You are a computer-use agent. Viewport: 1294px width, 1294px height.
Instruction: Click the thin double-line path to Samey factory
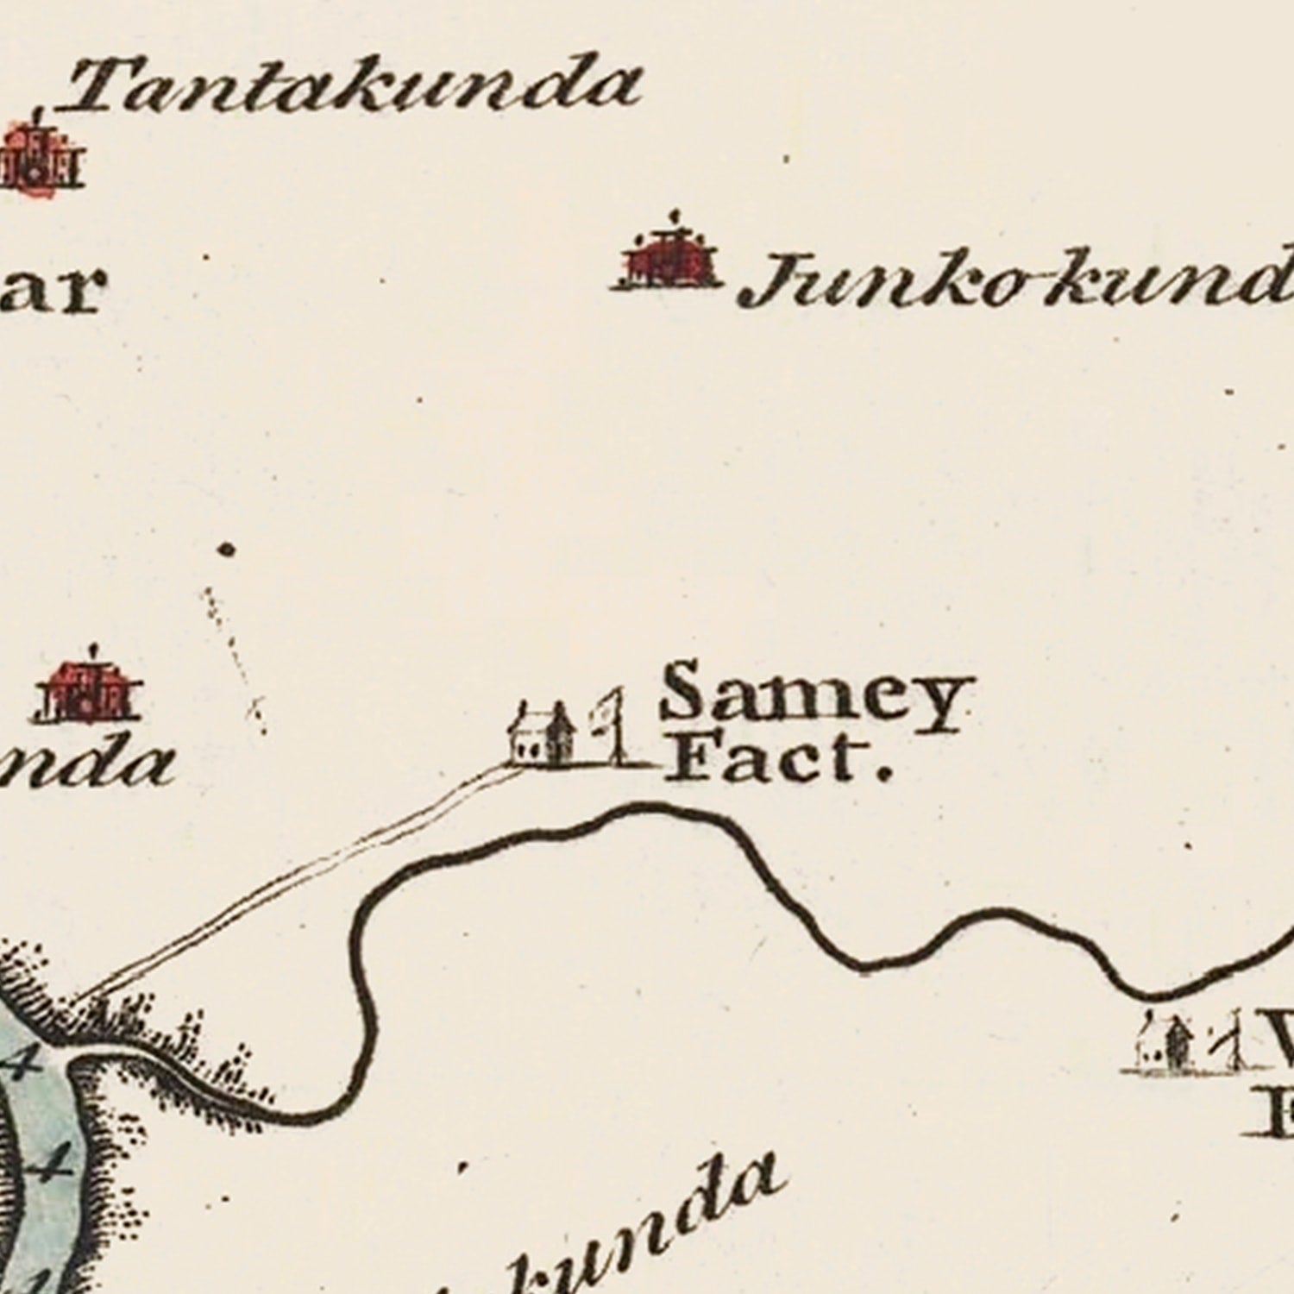[302, 880]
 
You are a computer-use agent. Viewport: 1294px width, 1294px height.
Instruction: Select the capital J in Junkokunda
[768, 280]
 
